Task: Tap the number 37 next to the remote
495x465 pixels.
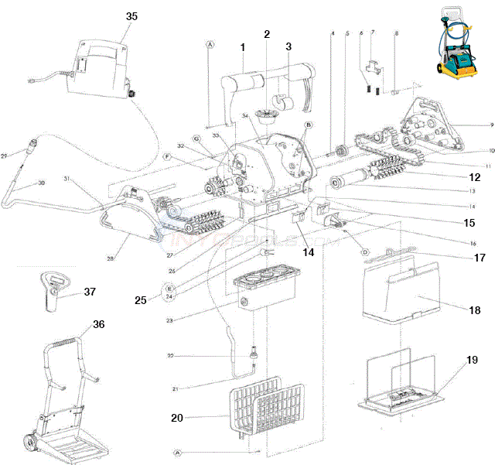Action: tap(90, 292)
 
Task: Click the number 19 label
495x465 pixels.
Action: tap(472, 361)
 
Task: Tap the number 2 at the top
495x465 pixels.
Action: tap(267, 34)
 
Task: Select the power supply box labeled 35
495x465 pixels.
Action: tap(100, 67)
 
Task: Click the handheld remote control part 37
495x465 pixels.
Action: tap(53, 292)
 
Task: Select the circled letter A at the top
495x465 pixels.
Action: tap(209, 46)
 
